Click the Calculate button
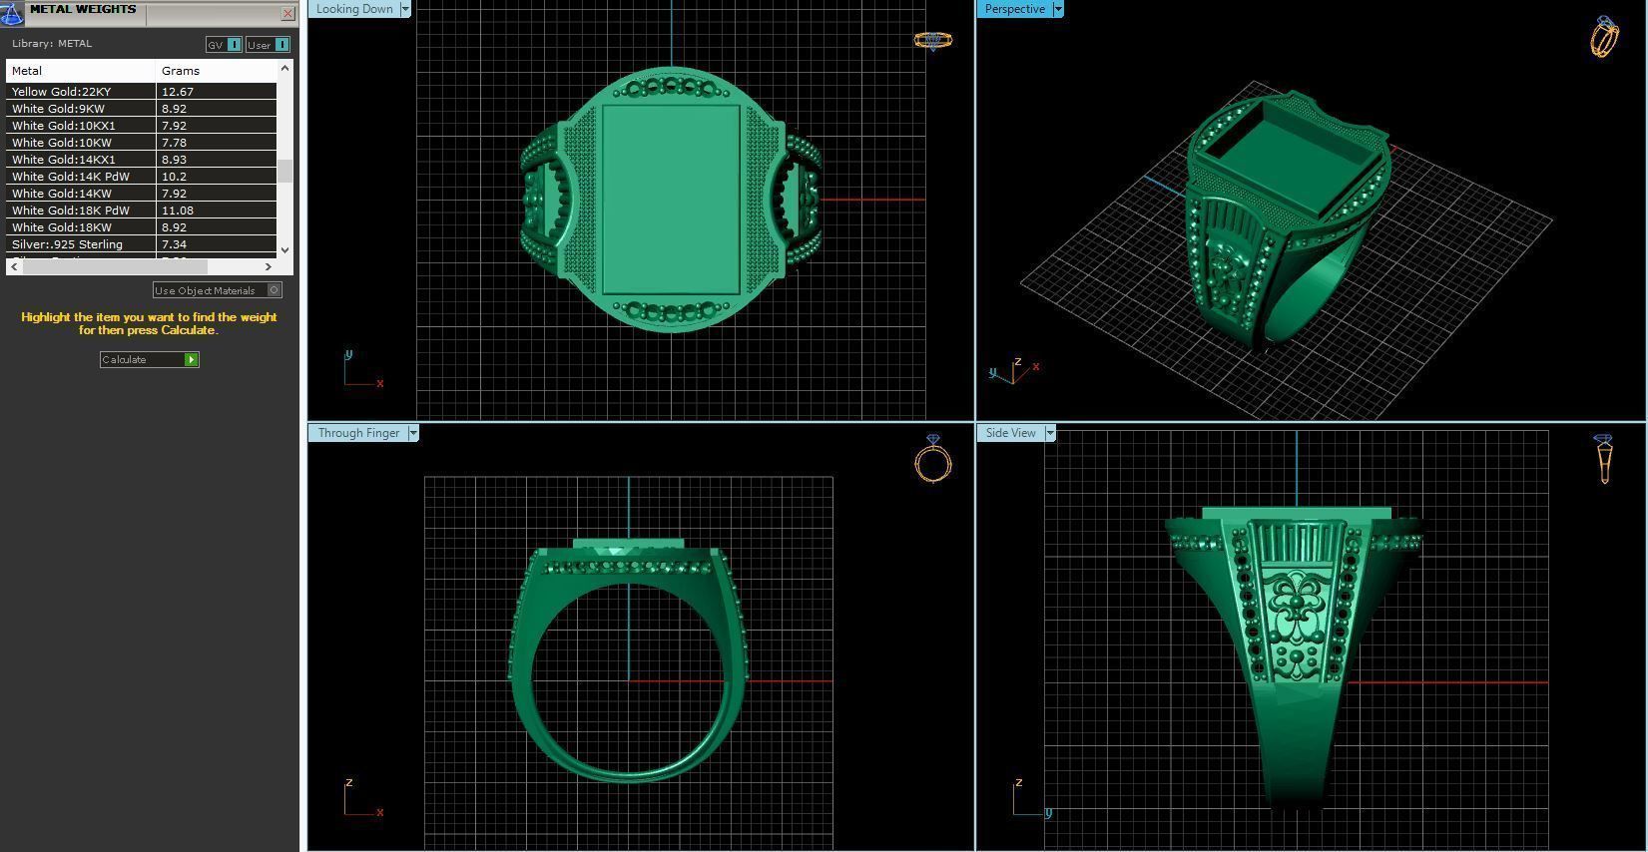[149, 359]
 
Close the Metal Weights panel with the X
[287, 13]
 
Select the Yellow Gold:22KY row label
[62, 92]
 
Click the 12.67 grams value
[178, 92]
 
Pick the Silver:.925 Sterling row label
[67, 244]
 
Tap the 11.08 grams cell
[178, 211]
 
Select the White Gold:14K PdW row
[71, 177]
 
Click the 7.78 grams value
[175, 143]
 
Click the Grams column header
[181, 71]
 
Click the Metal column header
[27, 71]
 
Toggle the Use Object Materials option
[275, 290]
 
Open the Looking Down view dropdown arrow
[405, 9]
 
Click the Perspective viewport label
[1014, 9]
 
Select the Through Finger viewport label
[358, 433]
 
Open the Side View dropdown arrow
[1049, 433]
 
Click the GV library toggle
[224, 45]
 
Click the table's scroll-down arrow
[285, 249]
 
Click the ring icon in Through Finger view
[933, 460]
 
